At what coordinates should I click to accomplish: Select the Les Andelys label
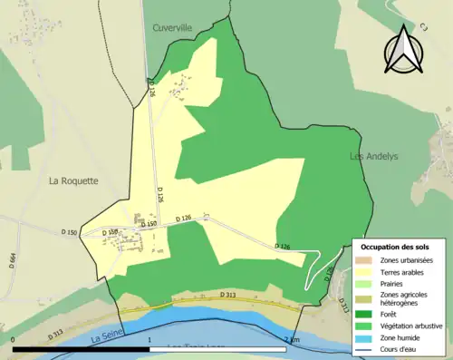point(374,156)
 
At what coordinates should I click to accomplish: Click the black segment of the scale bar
point(82,348)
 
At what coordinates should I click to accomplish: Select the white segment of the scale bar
point(217,348)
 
